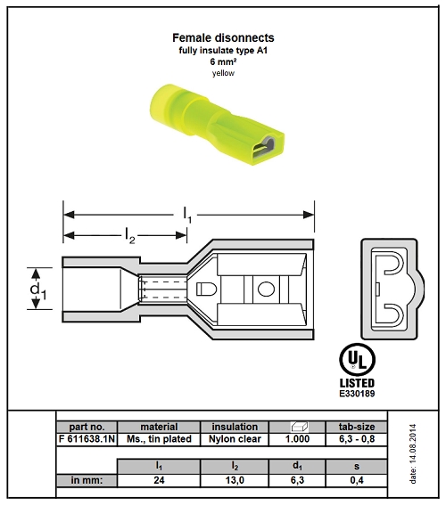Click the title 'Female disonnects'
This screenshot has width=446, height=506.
tap(223, 37)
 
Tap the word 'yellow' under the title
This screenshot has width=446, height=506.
tap(223, 73)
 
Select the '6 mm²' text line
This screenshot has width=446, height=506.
tap(223, 61)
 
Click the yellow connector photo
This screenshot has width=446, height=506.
tap(217, 125)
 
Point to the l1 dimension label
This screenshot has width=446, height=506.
tap(187, 215)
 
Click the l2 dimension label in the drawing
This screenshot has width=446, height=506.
tap(130, 235)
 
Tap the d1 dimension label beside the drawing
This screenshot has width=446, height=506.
tap(38, 290)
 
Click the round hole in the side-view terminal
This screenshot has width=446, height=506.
tap(266, 289)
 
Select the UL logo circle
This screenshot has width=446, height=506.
tap(357, 360)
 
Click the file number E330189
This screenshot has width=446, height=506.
tap(357, 394)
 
